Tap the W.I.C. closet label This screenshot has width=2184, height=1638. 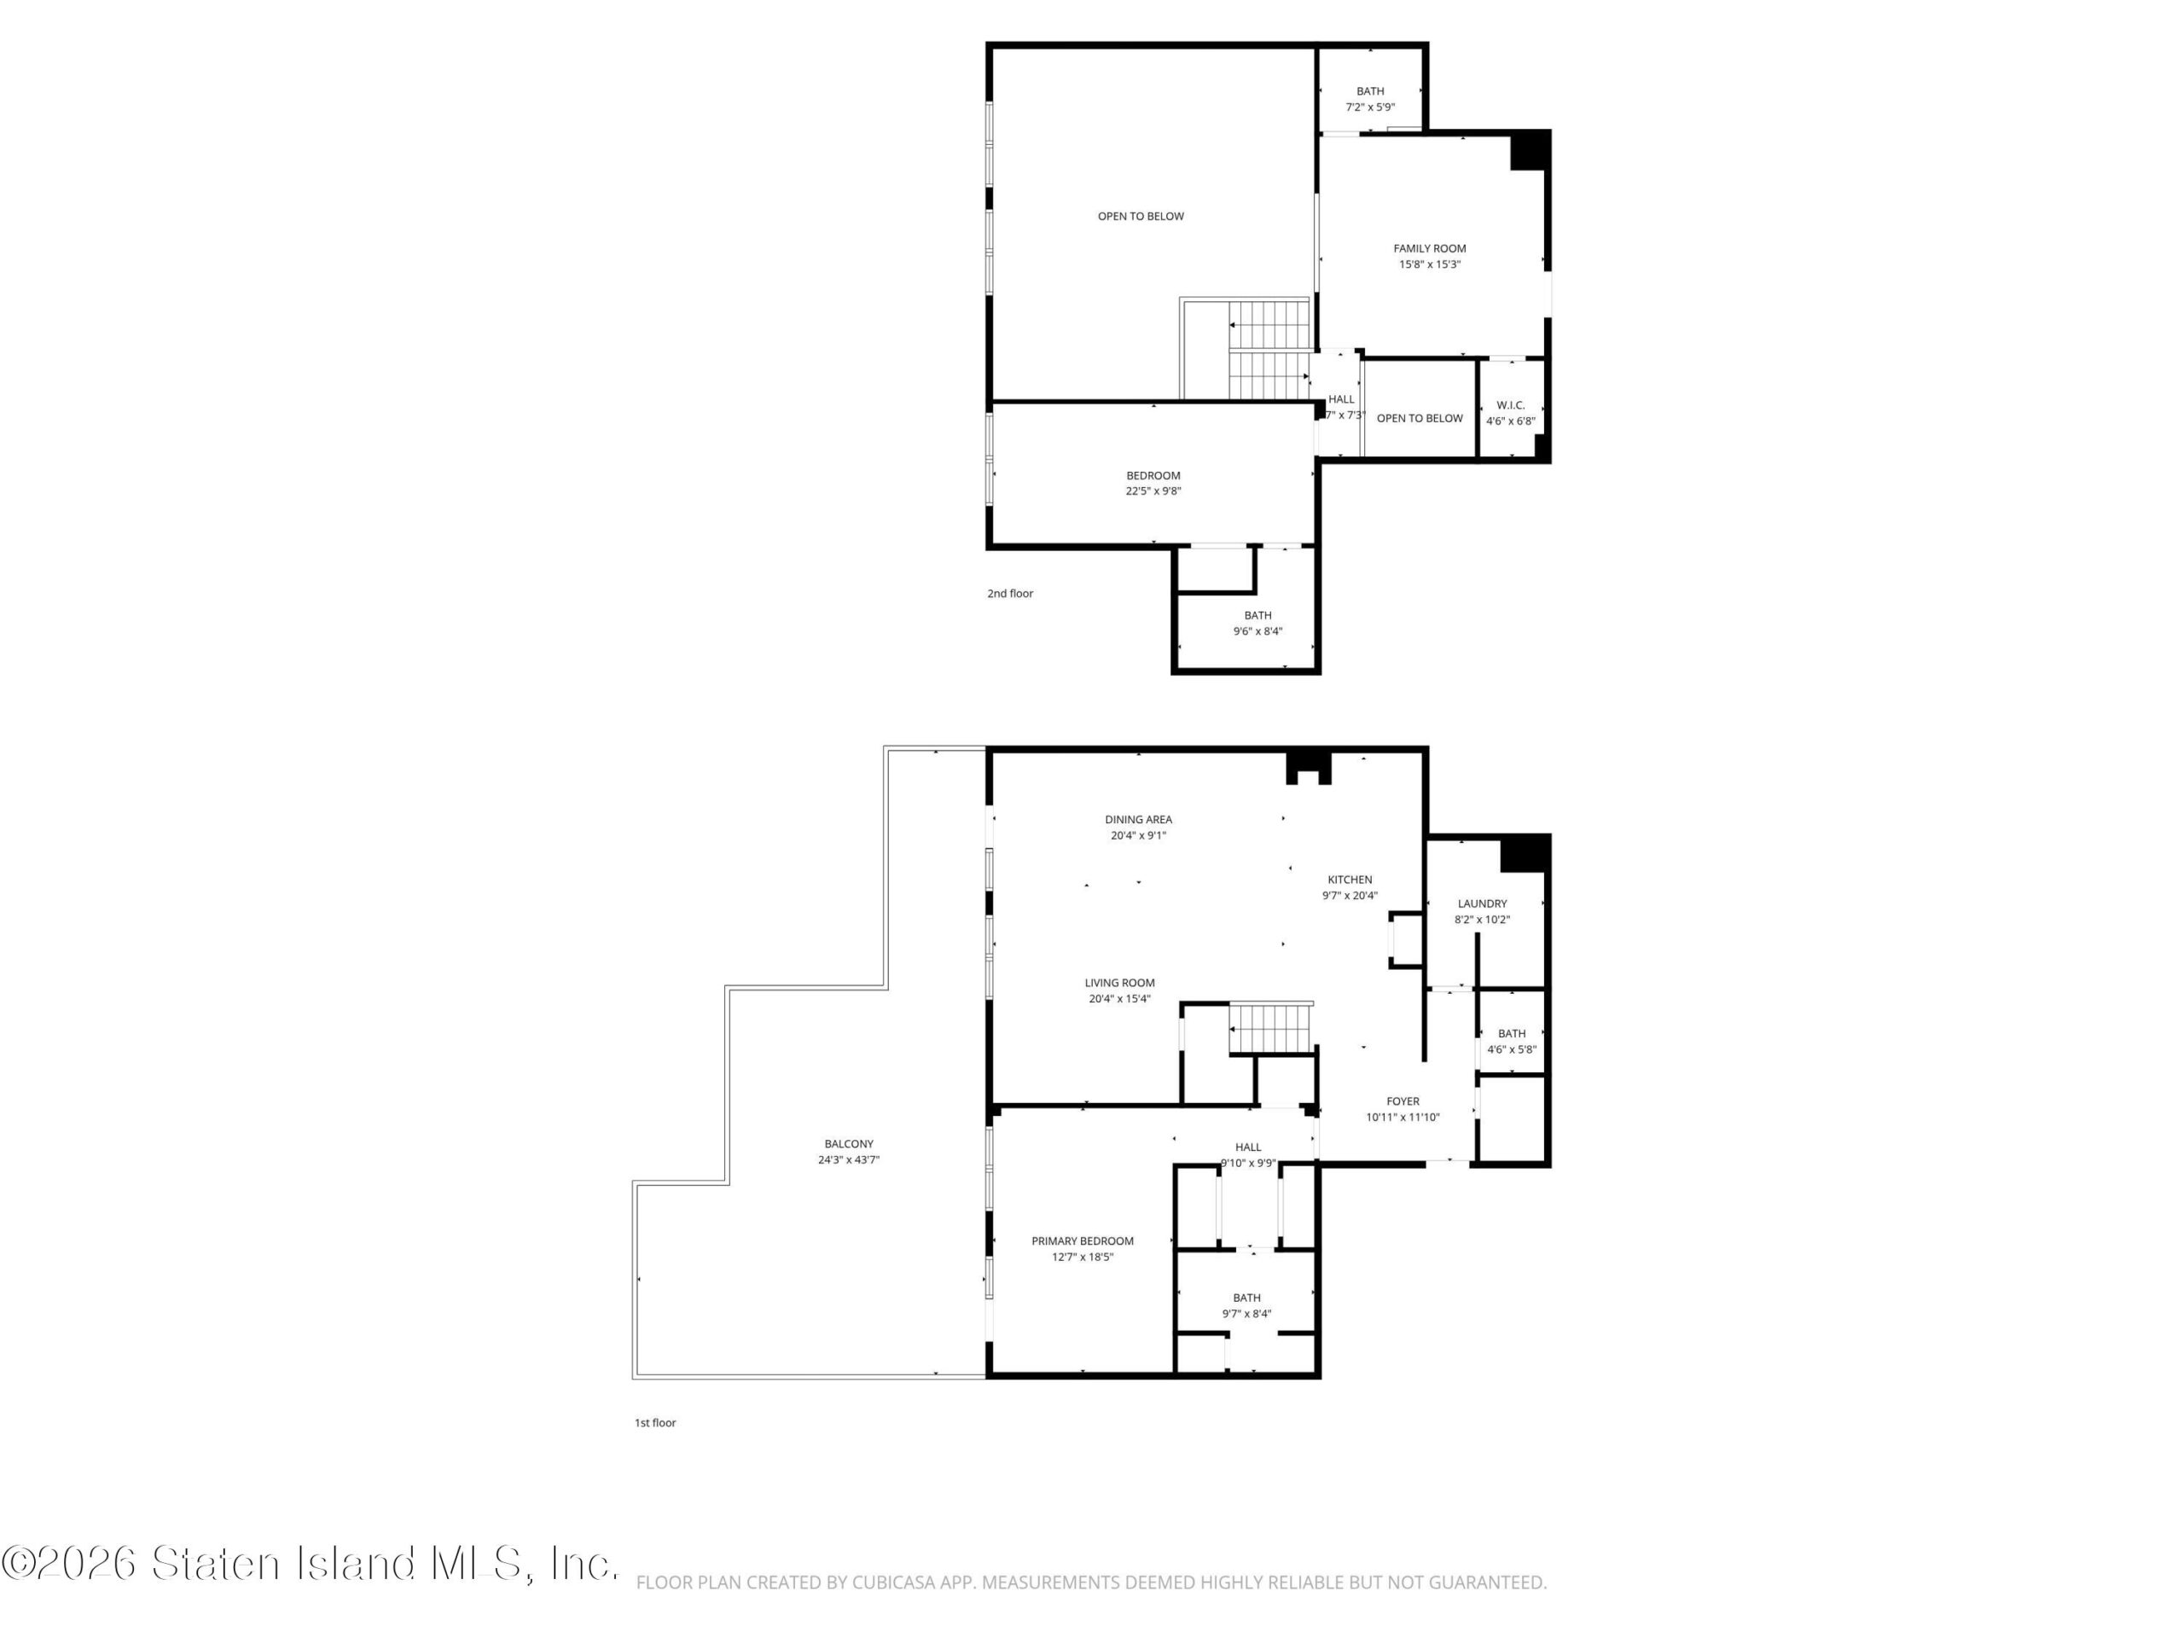click(x=1511, y=405)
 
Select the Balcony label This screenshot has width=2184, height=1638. click(x=849, y=1144)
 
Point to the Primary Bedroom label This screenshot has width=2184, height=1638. click(x=1083, y=1241)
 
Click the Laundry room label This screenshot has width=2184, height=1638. click(x=1482, y=903)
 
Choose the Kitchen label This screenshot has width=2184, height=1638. click(x=1350, y=880)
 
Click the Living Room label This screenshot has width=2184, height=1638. click(x=1119, y=983)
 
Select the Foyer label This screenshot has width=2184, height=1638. click(x=1403, y=1101)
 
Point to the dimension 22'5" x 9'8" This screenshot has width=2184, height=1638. click(x=1153, y=491)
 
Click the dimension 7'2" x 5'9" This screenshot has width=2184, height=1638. click(x=1370, y=107)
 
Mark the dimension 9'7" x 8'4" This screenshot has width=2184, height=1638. click(x=1247, y=1313)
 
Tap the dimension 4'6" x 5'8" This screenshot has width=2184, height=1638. click(x=1512, y=1049)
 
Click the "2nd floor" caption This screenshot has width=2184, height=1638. click(x=1010, y=594)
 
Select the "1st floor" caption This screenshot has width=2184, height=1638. click(x=655, y=1423)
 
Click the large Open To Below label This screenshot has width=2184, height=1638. click(x=1141, y=216)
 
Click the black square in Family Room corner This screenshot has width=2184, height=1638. click(x=1529, y=151)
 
